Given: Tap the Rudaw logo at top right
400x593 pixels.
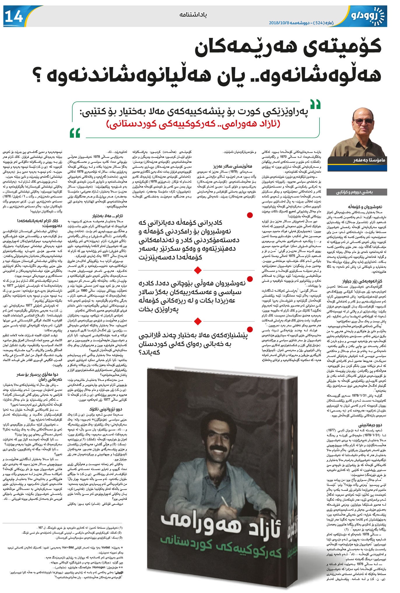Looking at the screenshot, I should (x=368, y=14).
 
